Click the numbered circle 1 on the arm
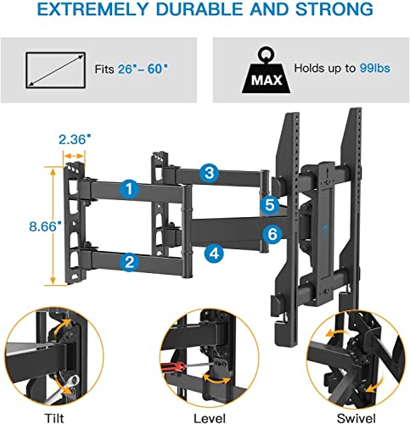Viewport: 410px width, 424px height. click(x=129, y=189)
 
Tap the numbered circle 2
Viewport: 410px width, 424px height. click(x=129, y=262)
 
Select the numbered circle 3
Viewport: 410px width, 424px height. click(x=209, y=173)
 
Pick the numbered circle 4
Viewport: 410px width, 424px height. click(x=214, y=253)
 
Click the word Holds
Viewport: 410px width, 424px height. click(x=312, y=67)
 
